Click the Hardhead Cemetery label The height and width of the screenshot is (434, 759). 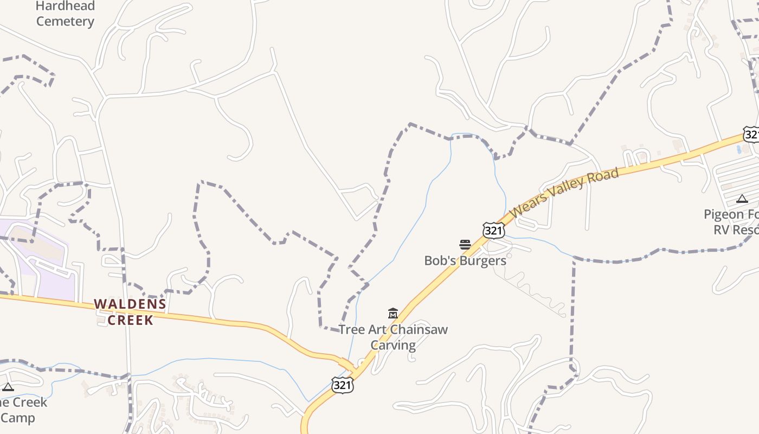(x=65, y=14)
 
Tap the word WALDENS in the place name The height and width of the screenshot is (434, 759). (x=130, y=304)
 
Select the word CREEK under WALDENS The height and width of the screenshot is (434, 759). (x=130, y=320)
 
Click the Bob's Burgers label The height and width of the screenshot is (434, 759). (x=465, y=260)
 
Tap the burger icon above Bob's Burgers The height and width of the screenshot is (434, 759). (x=465, y=245)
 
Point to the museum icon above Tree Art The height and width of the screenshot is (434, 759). (x=393, y=314)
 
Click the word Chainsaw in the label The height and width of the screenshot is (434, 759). (x=419, y=329)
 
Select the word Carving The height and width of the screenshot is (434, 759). (x=393, y=345)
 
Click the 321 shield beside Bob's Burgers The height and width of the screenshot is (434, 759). (x=494, y=231)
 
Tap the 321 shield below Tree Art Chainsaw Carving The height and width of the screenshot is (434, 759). (x=343, y=385)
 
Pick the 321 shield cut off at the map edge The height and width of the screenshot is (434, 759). (x=751, y=135)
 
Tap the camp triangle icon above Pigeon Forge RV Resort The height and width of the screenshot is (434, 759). (x=742, y=199)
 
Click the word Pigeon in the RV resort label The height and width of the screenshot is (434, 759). (x=723, y=214)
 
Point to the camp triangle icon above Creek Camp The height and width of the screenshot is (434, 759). (x=8, y=387)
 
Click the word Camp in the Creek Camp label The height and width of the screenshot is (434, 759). (x=17, y=418)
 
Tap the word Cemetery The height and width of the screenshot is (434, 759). (x=65, y=22)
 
